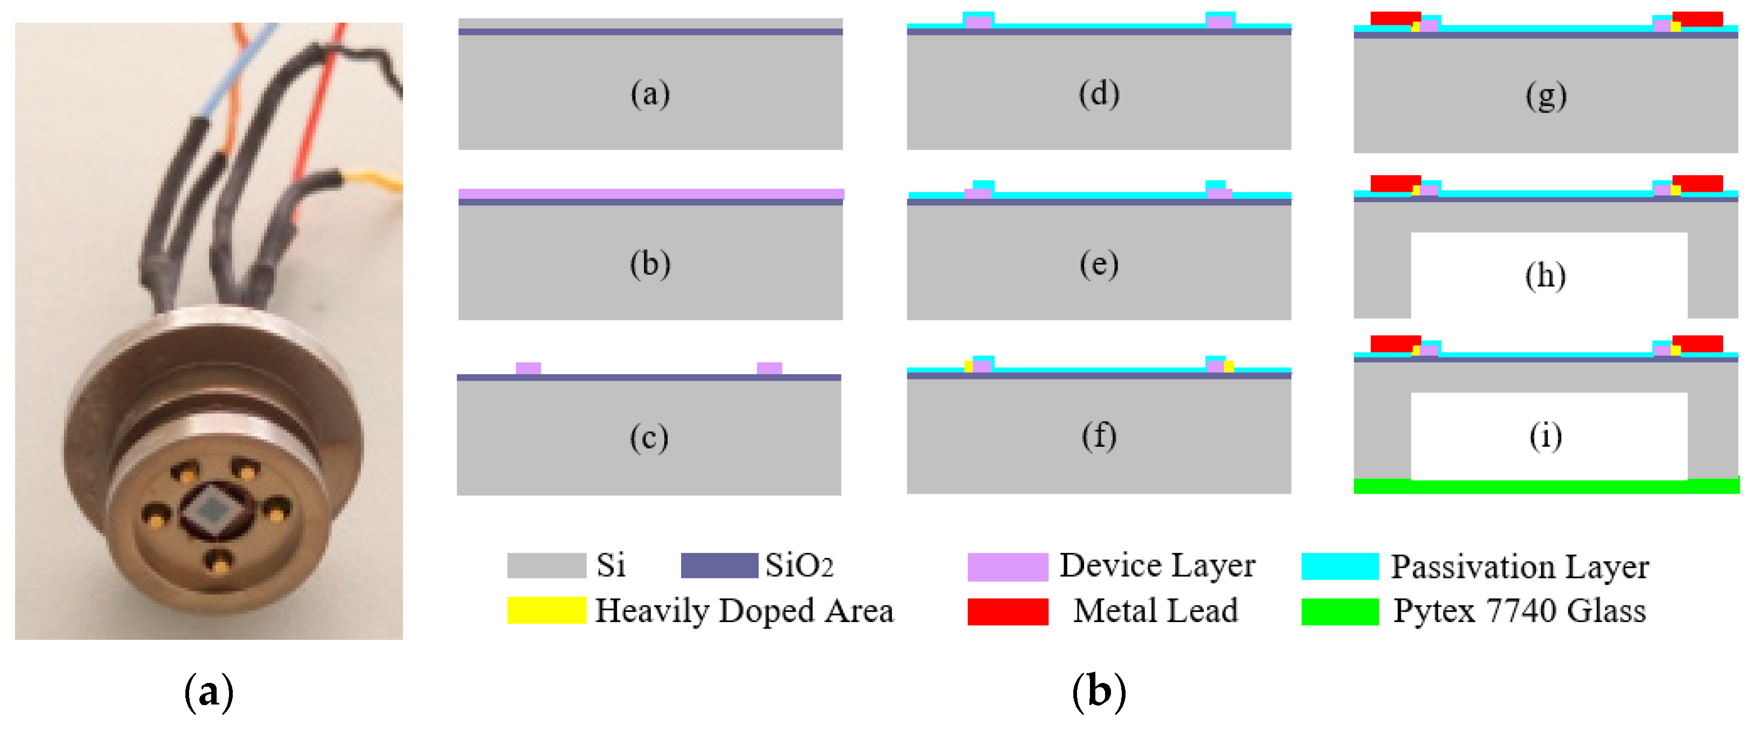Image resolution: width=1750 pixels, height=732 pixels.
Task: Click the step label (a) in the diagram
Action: click(x=650, y=94)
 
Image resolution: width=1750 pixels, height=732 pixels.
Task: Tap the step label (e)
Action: click(x=1099, y=264)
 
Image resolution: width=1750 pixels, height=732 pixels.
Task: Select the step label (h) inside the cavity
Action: click(x=1545, y=276)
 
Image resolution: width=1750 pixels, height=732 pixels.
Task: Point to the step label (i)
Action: click(x=1545, y=437)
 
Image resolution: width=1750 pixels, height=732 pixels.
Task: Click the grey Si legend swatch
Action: click(x=546, y=565)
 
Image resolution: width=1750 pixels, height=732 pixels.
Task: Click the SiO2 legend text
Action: click(x=799, y=565)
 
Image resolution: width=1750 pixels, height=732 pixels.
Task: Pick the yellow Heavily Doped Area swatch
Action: click(x=546, y=610)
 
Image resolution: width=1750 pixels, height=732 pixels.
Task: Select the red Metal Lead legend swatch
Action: click(x=1007, y=611)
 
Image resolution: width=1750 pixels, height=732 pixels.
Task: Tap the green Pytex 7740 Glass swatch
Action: click(x=1339, y=611)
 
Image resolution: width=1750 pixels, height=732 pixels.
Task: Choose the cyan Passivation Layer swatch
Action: click(x=1339, y=566)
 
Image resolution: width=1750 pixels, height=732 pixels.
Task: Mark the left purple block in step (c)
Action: click(x=528, y=368)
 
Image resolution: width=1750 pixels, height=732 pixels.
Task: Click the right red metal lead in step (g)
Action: click(x=1697, y=19)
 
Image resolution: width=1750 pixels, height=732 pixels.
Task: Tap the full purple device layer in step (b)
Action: click(x=650, y=194)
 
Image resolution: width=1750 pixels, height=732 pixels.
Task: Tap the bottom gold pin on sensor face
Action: click(x=219, y=563)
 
